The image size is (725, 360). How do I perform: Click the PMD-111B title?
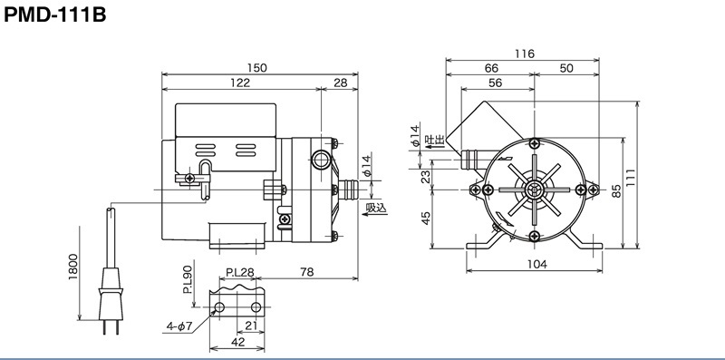(55, 15)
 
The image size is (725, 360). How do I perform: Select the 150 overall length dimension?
(256, 68)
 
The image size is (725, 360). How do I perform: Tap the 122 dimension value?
(240, 83)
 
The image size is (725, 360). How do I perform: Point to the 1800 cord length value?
(73, 267)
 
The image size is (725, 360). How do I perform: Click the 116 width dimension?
(525, 54)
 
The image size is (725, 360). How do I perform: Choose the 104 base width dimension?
(536, 264)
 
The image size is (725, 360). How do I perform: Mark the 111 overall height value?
(631, 177)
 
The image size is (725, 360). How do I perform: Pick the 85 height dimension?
(616, 191)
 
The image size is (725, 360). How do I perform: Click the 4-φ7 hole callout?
(179, 326)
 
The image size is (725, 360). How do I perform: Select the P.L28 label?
(240, 272)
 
